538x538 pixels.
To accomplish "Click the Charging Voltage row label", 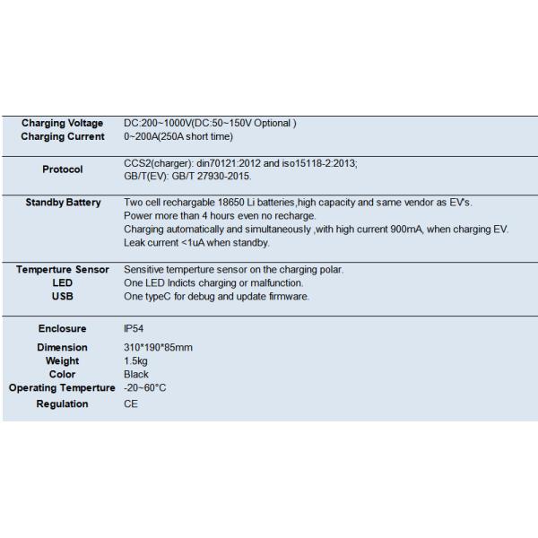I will click(63, 123).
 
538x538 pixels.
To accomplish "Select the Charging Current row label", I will click(63, 136).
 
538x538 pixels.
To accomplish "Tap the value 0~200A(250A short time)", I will click(179, 136).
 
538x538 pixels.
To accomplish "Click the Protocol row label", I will click(63, 169).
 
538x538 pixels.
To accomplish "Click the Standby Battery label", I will click(63, 203).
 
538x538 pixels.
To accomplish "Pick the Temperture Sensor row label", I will click(63, 269).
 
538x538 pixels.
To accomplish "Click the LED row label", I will click(63, 282).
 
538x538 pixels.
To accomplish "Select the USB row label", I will click(63, 296).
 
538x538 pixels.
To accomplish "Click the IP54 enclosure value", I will click(134, 329).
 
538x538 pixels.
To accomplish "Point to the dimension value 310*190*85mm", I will click(158, 347).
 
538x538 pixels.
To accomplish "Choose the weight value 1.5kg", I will click(135, 360).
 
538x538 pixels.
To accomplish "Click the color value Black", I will click(136, 374).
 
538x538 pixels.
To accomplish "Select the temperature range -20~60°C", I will click(145, 387).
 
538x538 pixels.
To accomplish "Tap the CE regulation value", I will click(131, 404).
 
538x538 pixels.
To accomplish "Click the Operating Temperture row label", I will click(62, 387).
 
